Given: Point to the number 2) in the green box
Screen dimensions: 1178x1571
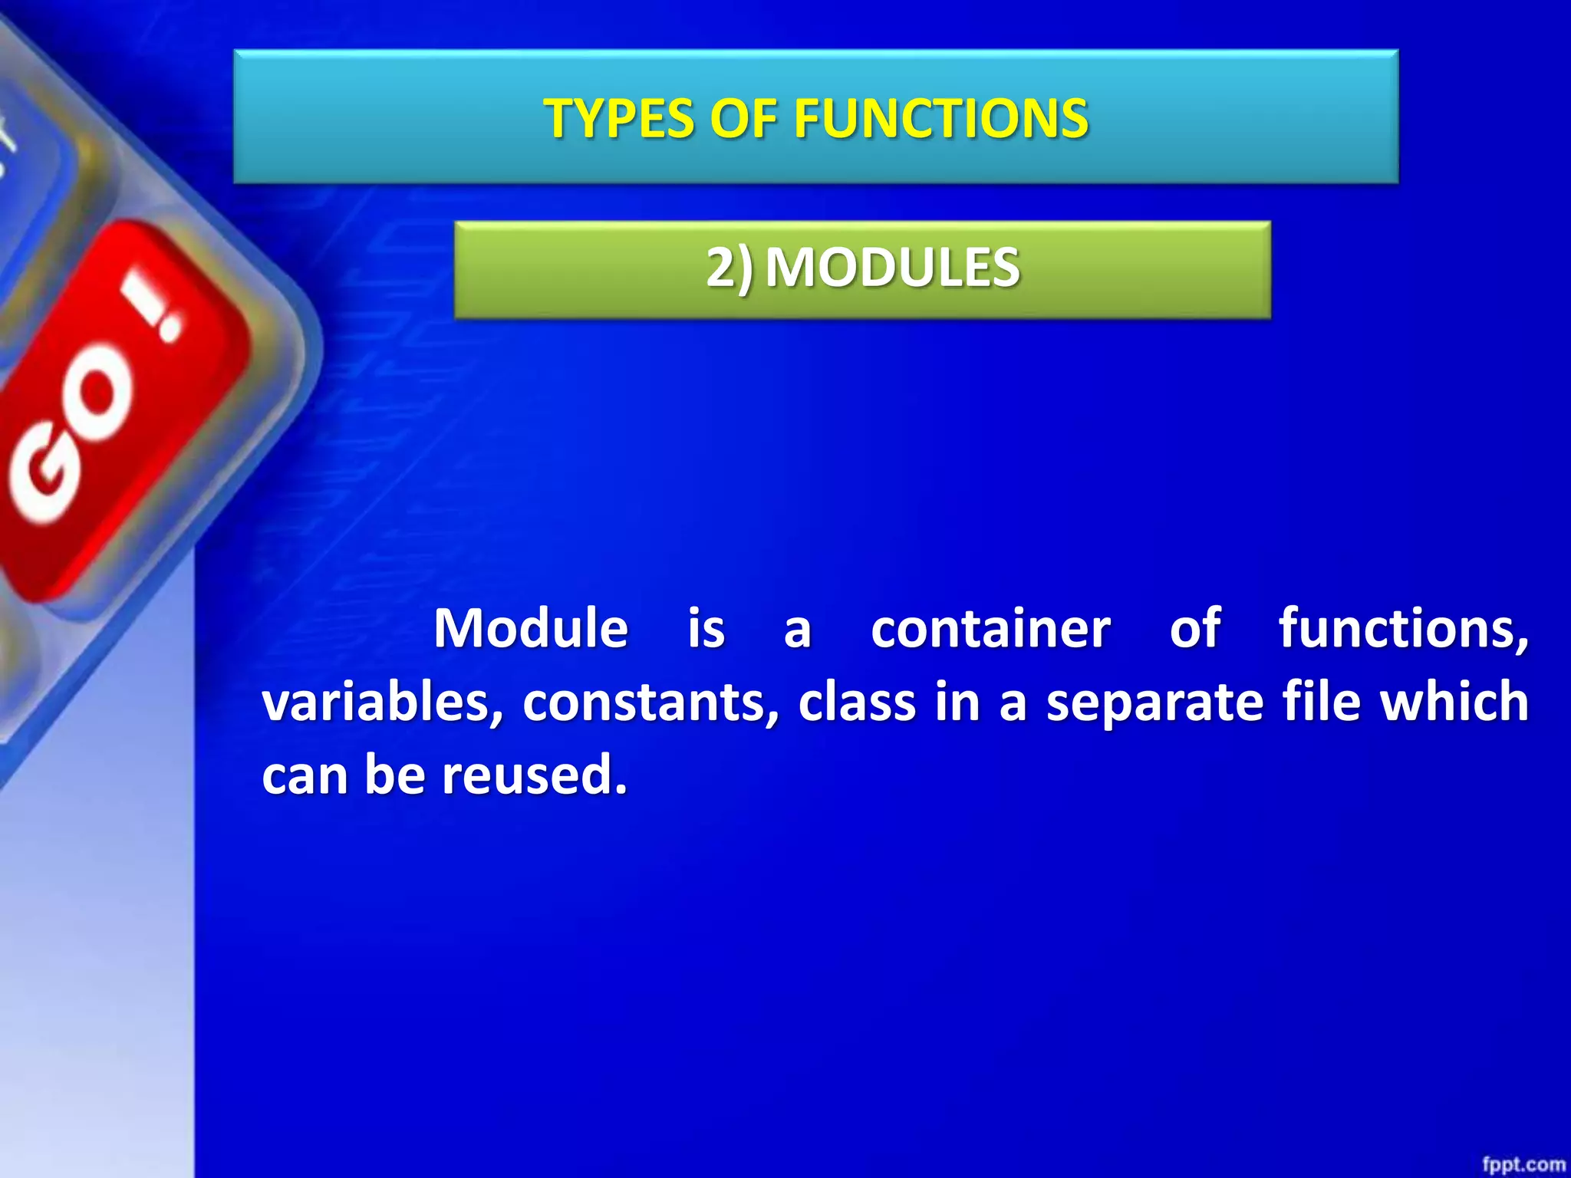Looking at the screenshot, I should [729, 268].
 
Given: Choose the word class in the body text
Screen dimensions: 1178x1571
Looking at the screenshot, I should [857, 703].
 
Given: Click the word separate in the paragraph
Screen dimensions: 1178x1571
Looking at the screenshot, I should [1154, 703].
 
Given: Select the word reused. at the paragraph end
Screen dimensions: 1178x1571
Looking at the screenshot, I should [535, 775].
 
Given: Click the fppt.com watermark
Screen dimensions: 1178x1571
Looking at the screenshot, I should [1523, 1164].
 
